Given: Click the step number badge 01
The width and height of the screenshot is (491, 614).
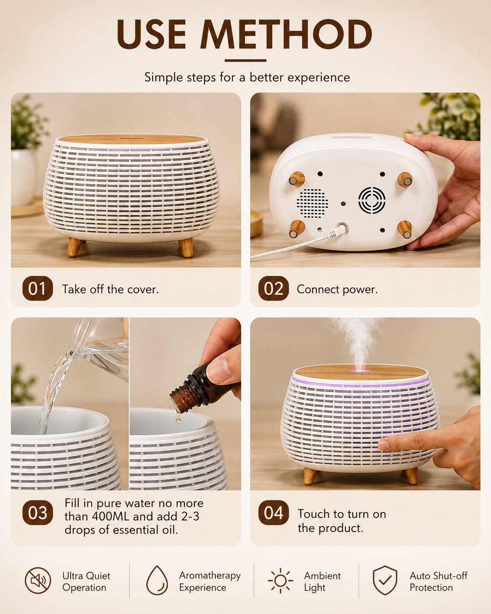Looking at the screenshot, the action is (x=38, y=288).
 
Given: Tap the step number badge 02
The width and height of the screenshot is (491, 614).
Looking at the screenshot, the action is (x=274, y=288).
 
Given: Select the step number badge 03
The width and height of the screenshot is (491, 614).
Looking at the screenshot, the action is (x=38, y=513).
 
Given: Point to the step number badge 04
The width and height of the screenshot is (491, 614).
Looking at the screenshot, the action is (x=274, y=513).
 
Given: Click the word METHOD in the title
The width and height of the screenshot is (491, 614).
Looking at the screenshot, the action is (x=286, y=35).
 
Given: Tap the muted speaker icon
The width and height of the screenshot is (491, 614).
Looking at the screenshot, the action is (x=38, y=580).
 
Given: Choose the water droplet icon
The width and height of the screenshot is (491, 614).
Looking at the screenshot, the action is (x=157, y=580).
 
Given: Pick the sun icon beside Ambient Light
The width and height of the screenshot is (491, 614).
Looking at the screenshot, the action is (x=280, y=580).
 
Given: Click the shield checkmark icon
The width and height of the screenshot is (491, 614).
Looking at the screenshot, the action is (x=385, y=580).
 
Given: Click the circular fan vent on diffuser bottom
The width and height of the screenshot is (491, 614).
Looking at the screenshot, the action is (x=372, y=200).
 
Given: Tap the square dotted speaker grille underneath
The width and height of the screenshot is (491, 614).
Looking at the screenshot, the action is (x=312, y=203).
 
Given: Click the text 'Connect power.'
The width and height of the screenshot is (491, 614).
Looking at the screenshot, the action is (x=337, y=289).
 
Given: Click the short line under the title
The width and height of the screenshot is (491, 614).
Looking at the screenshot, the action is (x=245, y=60).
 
